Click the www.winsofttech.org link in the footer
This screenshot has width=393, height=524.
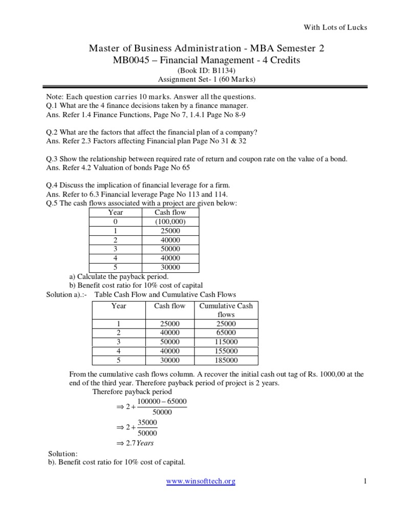pos(201,482)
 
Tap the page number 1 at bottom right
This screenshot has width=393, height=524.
pos(365,482)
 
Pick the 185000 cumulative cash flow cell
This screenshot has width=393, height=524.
pos(226,360)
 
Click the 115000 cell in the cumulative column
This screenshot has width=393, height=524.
pos(226,342)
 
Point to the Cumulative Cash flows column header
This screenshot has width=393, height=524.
pos(226,310)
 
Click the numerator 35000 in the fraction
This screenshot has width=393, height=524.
pos(147,423)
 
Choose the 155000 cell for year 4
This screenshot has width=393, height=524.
pos(226,351)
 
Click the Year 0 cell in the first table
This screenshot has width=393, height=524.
pos(115,222)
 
